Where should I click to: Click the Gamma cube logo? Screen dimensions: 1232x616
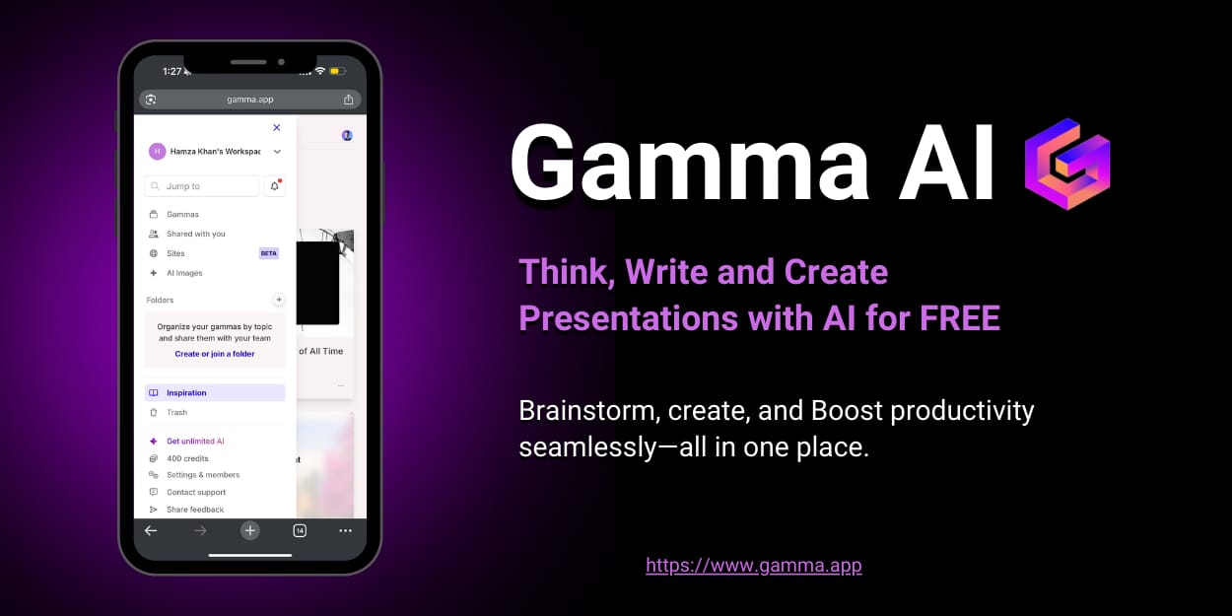1067,164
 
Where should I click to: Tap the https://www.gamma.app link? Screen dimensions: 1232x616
754,566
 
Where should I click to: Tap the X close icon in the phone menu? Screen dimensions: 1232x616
277,127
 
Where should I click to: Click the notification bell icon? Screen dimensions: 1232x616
274,186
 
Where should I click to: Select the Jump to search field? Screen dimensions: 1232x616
202,186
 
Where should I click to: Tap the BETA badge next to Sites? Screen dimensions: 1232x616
269,253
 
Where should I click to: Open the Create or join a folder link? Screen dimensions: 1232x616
215,354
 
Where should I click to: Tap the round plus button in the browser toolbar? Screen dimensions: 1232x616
250,531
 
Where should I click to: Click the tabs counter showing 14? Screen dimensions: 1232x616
300,531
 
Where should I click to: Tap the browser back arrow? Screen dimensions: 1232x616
151,531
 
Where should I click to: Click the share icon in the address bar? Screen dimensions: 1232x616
348,99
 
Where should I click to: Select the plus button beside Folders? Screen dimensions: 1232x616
279,300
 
